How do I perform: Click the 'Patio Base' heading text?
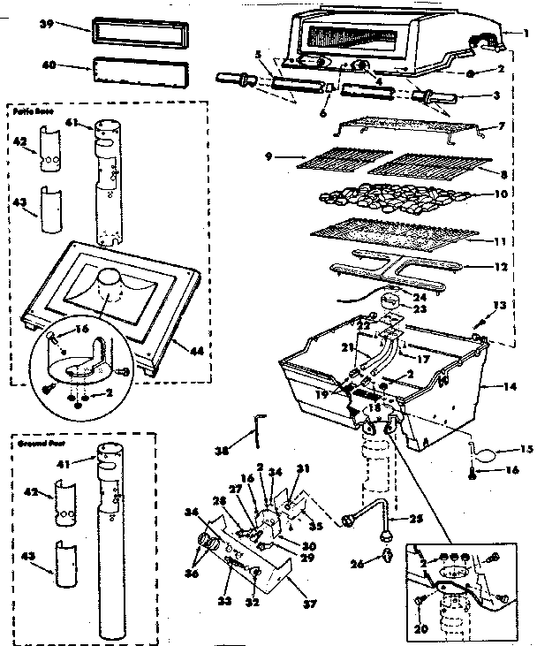coord(33,113)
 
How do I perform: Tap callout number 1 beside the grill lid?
coord(525,34)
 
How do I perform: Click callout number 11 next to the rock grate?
coord(500,240)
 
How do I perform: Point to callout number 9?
coord(268,156)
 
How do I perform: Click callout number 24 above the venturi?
coord(417,297)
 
